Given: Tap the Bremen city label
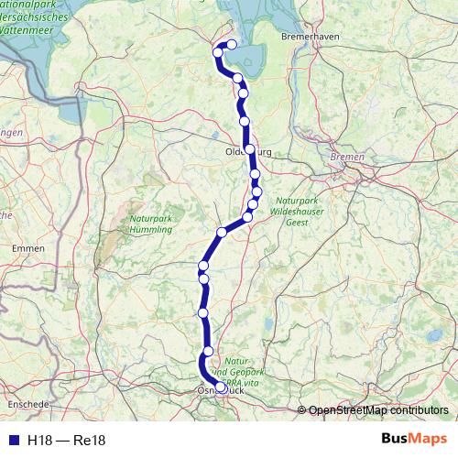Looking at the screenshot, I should tap(347, 158).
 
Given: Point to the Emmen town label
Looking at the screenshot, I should tap(27, 248).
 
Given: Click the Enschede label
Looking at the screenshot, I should tap(27, 404).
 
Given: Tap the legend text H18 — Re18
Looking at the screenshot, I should tap(67, 441).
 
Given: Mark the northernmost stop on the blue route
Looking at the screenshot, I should tap(232, 44).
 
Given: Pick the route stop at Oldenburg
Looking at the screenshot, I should tap(249, 148).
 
